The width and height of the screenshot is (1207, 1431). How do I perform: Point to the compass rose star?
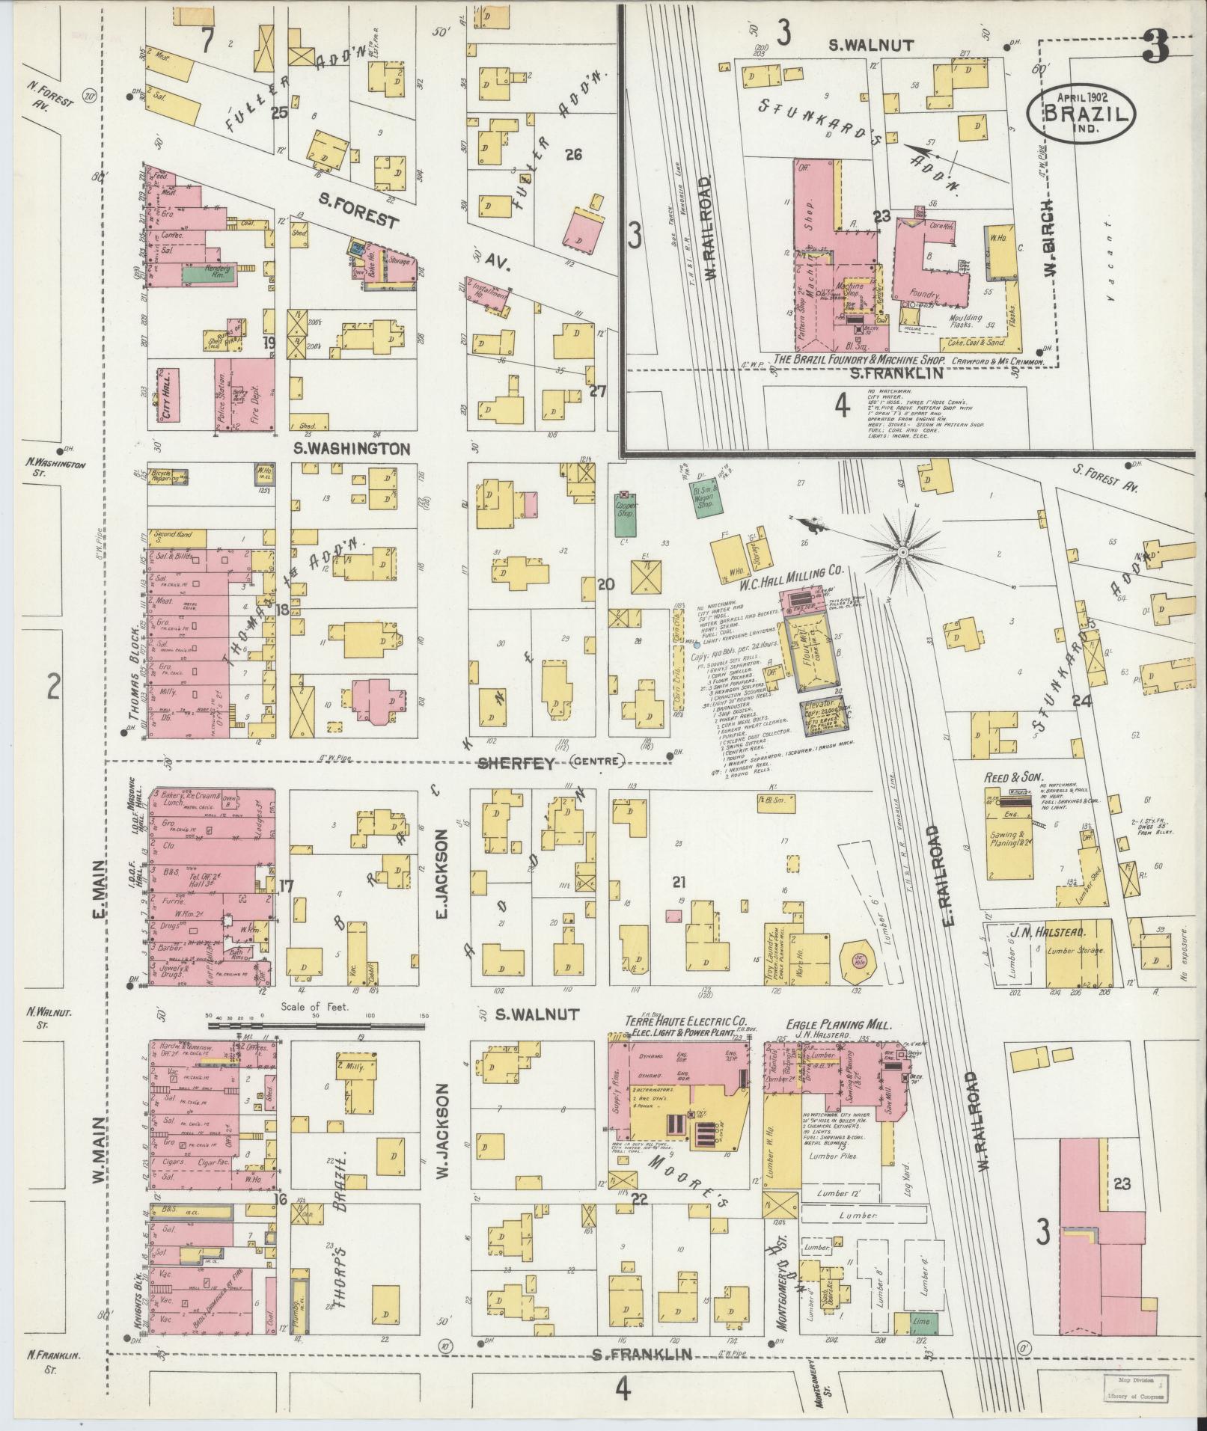[903, 552]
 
